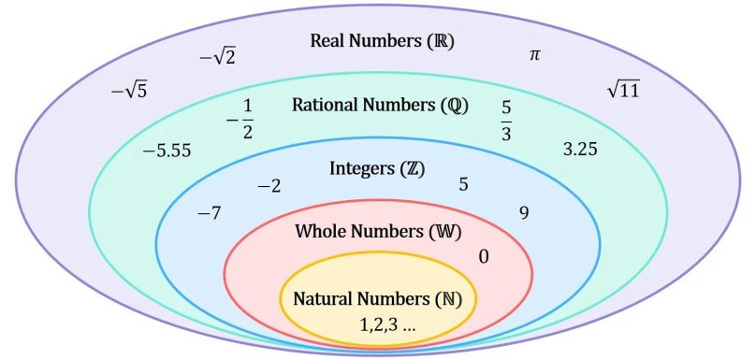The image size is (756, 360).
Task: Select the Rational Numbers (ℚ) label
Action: [380, 104]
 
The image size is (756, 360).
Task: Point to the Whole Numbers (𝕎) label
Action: [378, 232]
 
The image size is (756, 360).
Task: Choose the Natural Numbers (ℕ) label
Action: [378, 300]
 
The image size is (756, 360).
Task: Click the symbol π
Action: [535, 55]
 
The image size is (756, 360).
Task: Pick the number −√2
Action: [217, 58]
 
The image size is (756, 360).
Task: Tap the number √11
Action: [623, 90]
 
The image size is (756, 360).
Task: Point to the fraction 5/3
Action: [506, 120]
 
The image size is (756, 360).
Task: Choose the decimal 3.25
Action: [580, 149]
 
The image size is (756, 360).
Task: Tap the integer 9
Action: [524, 213]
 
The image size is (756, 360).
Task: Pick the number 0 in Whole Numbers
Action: [483, 256]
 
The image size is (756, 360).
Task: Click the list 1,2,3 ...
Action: [387, 325]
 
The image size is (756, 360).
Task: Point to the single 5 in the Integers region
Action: [463, 184]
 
